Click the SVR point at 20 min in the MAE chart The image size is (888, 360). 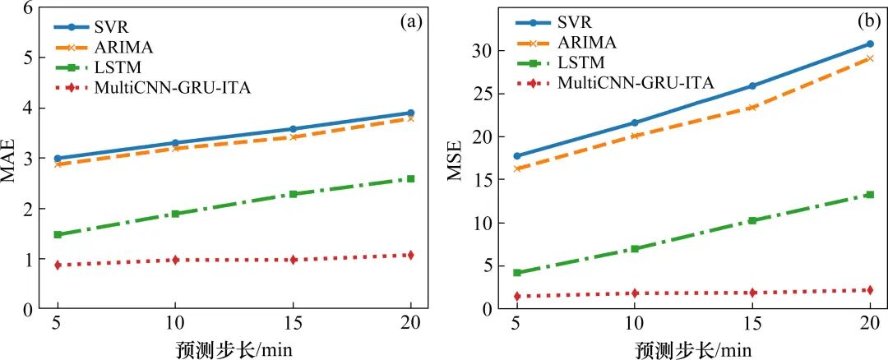tap(410, 113)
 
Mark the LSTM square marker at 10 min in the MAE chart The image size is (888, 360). tap(175, 214)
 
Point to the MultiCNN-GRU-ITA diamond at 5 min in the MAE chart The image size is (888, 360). tap(58, 265)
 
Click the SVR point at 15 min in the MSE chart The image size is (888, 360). tap(752, 85)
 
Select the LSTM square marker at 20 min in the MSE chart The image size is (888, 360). tap(870, 195)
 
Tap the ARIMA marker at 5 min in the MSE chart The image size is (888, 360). tap(516, 168)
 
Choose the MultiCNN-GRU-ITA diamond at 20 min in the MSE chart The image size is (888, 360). tap(870, 290)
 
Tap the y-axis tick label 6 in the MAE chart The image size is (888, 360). tap(29, 8)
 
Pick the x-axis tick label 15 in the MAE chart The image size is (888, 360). tap(293, 323)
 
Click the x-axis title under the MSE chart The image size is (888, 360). tap(693, 348)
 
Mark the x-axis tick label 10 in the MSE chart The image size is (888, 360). tap(634, 323)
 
